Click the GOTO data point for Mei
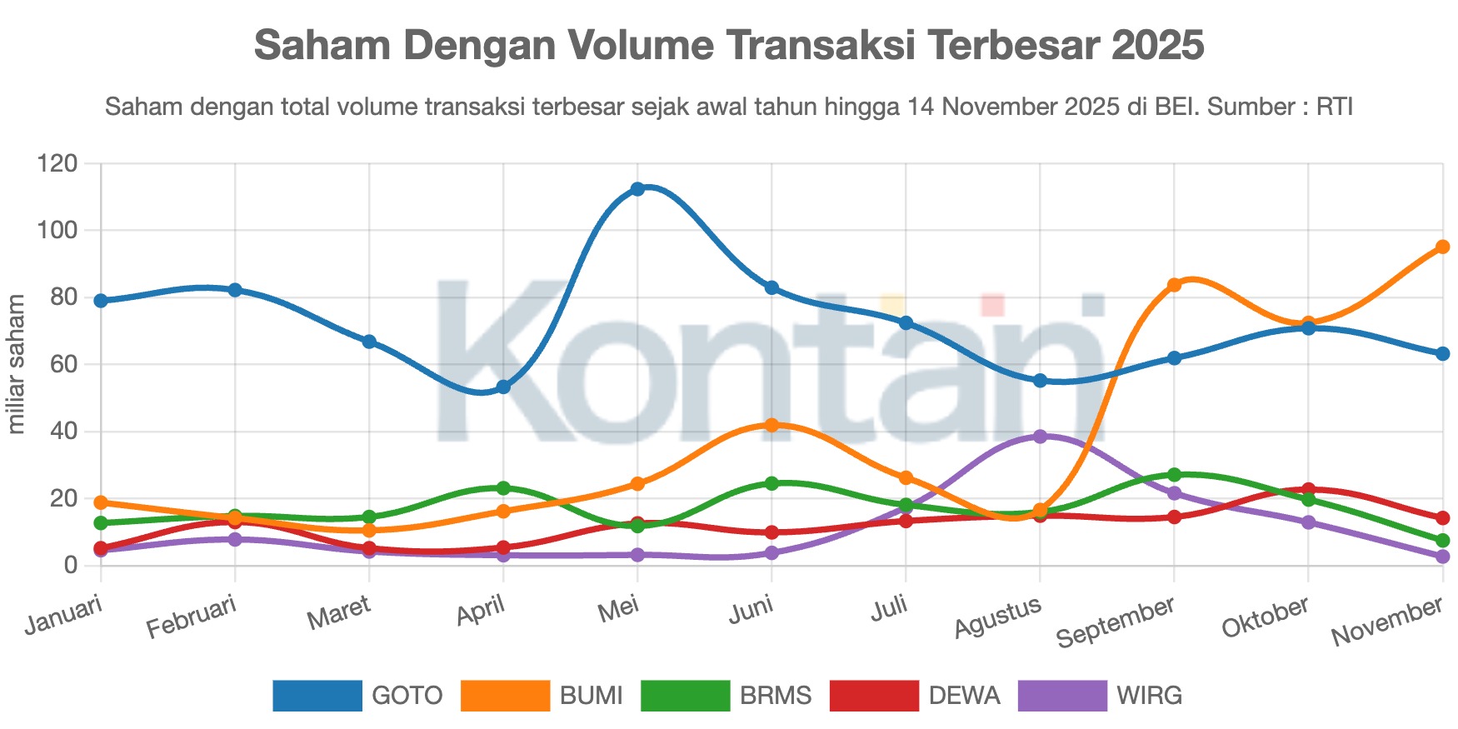pos(637,189)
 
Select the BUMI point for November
pos(1442,247)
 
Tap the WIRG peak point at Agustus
pos(1040,437)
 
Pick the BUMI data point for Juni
pos(771,425)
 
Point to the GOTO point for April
pos(503,387)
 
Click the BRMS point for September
pos(1174,475)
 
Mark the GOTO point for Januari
pos(101,301)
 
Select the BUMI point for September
pos(1174,285)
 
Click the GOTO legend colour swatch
pos(317,696)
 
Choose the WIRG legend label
pos(1149,696)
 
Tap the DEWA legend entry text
pos(964,696)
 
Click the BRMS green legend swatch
pos(685,696)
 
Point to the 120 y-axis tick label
pos(57,163)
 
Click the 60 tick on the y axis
pos(63,364)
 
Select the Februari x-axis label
pos(192,617)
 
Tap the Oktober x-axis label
pos(1265,617)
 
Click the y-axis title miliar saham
pos(17,364)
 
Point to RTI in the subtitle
pos(1334,107)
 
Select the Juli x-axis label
pos(889,608)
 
